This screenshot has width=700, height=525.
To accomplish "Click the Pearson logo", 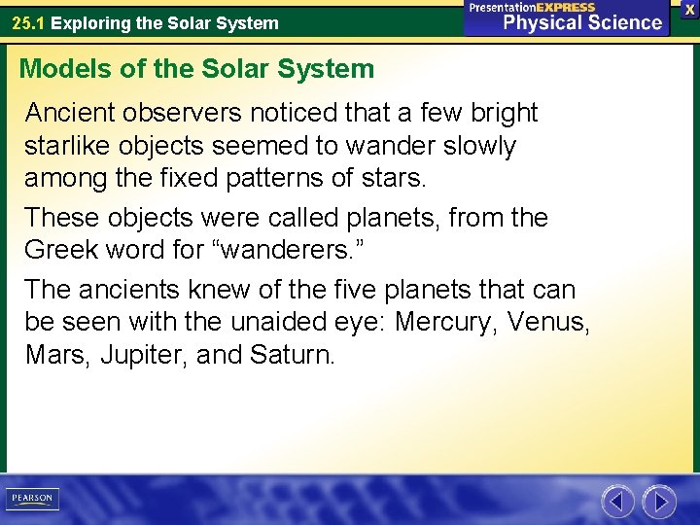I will (x=32, y=500).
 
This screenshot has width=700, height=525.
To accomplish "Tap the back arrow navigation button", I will (x=617, y=502).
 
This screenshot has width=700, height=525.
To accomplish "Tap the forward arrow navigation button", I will (x=659, y=502).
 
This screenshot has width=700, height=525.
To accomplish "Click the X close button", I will (x=689, y=9).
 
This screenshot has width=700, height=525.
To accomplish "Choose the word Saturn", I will (x=292, y=355).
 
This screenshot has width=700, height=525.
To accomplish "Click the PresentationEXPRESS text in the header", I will (x=532, y=7).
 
